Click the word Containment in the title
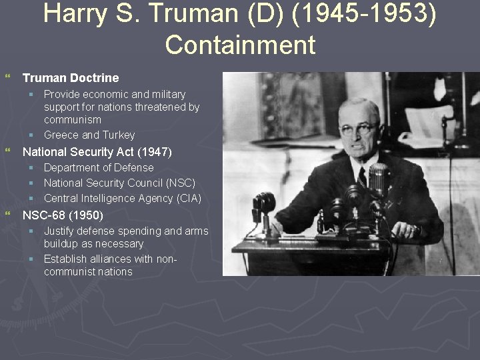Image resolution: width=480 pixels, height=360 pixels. point(240,45)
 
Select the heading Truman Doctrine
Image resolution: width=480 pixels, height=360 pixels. point(71,78)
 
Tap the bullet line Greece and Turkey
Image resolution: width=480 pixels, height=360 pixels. point(89,135)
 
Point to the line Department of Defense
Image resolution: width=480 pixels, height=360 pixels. point(99,167)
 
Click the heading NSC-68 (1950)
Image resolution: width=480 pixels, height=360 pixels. point(63,215)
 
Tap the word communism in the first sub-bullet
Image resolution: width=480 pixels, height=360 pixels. point(73,120)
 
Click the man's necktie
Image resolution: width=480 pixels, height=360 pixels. point(362,177)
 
